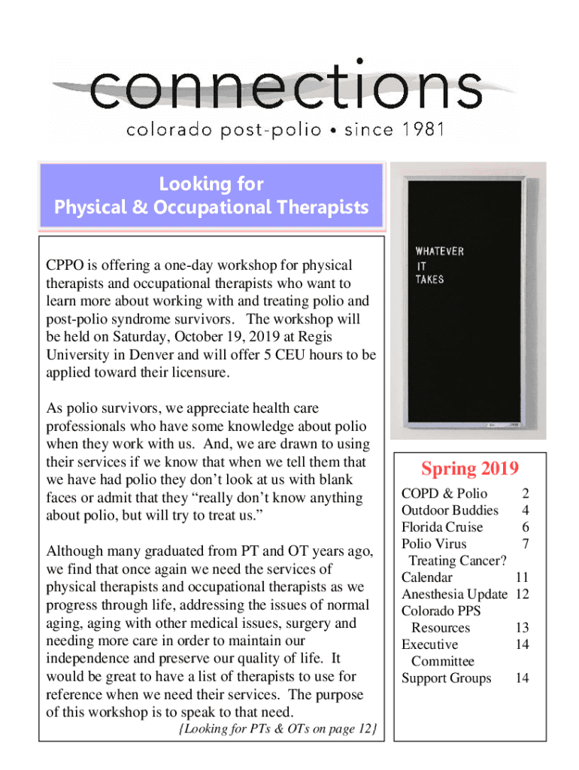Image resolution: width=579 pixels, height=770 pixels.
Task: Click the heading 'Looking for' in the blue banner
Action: (x=211, y=184)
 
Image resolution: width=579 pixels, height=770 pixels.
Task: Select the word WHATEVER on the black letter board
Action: (x=440, y=251)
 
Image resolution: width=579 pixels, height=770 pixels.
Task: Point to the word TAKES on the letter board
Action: (x=430, y=279)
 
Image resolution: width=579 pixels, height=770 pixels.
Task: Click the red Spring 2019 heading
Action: (x=470, y=469)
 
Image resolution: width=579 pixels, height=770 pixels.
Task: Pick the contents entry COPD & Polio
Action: (x=444, y=494)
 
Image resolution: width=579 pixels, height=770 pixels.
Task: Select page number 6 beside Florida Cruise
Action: (x=526, y=527)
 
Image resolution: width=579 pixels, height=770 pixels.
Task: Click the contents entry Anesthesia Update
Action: (x=454, y=594)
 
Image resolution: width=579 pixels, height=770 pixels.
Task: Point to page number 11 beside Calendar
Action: (x=523, y=577)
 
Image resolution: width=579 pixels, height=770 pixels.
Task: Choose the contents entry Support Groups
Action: (x=447, y=678)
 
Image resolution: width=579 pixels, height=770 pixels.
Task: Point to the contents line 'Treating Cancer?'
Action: (x=457, y=561)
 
